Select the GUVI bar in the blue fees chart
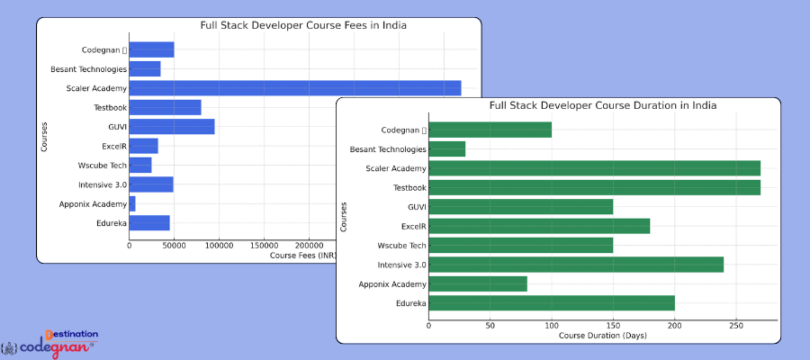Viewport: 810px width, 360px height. coord(172,127)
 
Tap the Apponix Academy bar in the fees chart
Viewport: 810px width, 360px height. coord(132,203)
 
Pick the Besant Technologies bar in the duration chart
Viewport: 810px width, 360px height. coord(447,149)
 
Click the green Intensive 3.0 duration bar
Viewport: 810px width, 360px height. coord(576,265)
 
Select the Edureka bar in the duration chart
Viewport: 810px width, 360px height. coord(552,303)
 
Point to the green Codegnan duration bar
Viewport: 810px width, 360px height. coord(490,130)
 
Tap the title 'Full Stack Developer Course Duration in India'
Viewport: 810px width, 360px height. coord(603,105)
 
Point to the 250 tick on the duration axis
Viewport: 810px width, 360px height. coord(735,325)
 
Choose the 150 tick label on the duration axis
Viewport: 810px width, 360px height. coord(613,325)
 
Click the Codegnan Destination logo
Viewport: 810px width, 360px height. coord(54,342)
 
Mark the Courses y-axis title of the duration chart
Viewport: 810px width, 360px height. coord(344,217)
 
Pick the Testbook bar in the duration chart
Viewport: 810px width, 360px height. coord(594,188)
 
